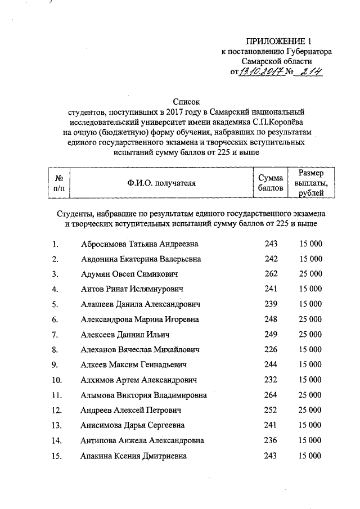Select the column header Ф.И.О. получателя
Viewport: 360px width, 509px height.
point(161,183)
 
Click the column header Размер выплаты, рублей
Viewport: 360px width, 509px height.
point(307,183)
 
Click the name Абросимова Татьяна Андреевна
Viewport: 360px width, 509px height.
point(140,245)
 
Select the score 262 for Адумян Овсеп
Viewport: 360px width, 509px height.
point(271,274)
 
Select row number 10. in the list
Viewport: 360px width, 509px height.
point(56,380)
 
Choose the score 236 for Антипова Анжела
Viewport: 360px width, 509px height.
point(271,440)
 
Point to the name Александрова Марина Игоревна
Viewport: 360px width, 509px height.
point(140,319)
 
